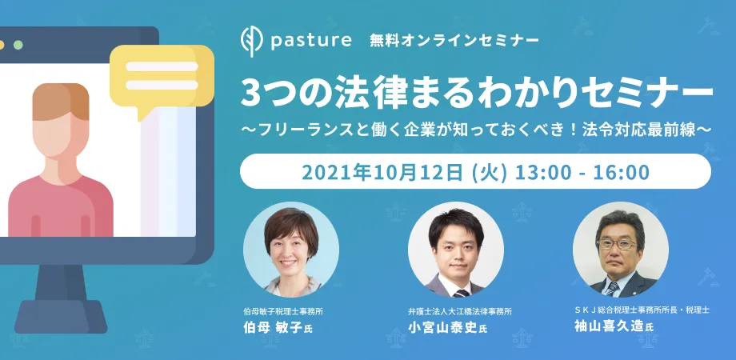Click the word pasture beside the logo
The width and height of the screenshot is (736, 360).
(x=310, y=41)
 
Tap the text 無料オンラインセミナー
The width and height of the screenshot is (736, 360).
(x=454, y=41)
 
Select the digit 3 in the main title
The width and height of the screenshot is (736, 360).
(x=250, y=93)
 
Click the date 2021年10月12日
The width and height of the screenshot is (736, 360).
(x=382, y=172)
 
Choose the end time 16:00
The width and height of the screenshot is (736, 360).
(x=621, y=172)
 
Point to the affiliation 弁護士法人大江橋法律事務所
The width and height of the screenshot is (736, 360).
(x=460, y=310)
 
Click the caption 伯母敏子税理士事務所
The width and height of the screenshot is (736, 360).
(x=283, y=310)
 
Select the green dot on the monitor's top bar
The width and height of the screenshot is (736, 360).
(x=18, y=45)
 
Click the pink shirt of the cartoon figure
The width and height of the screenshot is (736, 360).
(x=60, y=206)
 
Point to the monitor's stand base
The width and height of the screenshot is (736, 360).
(x=60, y=316)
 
